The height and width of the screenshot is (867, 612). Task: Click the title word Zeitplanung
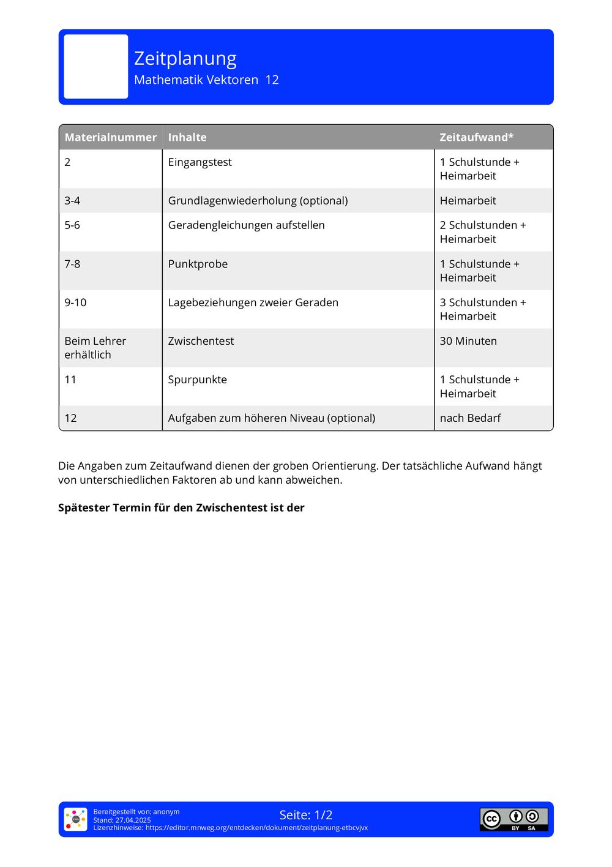click(x=185, y=59)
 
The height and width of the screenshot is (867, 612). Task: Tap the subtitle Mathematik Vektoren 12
click(x=206, y=80)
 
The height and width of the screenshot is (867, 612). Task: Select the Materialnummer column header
click(x=110, y=137)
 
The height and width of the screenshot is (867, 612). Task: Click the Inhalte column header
click(x=187, y=137)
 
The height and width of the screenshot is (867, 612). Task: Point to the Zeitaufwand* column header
click(x=476, y=137)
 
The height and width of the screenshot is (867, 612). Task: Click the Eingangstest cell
click(x=200, y=162)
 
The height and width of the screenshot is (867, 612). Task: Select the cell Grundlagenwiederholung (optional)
click(x=258, y=201)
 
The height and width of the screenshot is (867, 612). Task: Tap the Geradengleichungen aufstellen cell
click(x=246, y=225)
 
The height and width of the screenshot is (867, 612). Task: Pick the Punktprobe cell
click(x=198, y=264)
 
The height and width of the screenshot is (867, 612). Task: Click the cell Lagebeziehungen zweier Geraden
click(x=253, y=302)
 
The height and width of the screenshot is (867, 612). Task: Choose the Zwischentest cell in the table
click(x=201, y=341)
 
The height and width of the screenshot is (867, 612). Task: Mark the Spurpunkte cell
click(x=197, y=380)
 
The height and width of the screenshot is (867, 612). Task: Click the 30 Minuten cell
click(x=468, y=341)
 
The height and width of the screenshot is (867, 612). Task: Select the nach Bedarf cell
click(x=470, y=418)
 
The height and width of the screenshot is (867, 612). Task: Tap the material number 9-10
click(x=75, y=302)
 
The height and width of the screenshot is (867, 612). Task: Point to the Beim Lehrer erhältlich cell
click(x=95, y=348)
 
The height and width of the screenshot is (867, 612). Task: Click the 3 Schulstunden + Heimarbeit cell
click(x=482, y=309)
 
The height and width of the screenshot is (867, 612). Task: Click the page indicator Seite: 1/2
click(x=306, y=815)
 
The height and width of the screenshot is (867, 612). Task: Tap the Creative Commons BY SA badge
click(x=513, y=819)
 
